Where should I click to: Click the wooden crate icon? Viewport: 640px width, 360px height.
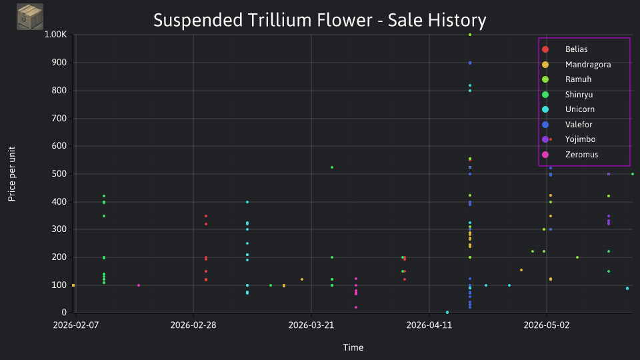pos(30,17)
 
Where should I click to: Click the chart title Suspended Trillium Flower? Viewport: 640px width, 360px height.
pos(263,21)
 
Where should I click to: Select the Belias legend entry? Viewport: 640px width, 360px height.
pos(566,49)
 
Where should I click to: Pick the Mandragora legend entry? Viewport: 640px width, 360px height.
pos(576,65)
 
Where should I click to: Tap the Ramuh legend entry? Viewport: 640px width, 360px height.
pos(567,79)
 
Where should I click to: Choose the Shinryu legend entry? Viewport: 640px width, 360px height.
pos(567,95)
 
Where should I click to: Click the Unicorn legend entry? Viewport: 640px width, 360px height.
pos(568,109)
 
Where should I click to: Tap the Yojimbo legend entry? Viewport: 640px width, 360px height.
pos(569,139)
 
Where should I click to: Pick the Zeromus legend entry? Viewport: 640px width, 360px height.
pos(570,155)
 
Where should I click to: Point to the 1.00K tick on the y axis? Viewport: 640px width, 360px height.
pos(55,34)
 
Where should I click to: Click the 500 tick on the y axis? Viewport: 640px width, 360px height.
pos(59,174)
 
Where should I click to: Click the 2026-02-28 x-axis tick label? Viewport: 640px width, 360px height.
pos(193,325)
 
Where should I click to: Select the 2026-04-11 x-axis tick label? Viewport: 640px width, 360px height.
pos(429,325)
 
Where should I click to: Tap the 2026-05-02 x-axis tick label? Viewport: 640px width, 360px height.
pos(547,325)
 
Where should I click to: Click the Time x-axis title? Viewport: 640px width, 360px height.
pos(353,348)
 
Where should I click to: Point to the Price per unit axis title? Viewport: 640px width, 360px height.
pos(12,174)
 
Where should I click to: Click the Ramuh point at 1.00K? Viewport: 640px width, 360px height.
pos(470,35)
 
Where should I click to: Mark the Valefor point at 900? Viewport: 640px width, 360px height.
pos(470,63)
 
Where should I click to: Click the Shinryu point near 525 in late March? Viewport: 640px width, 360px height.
pos(332,167)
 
